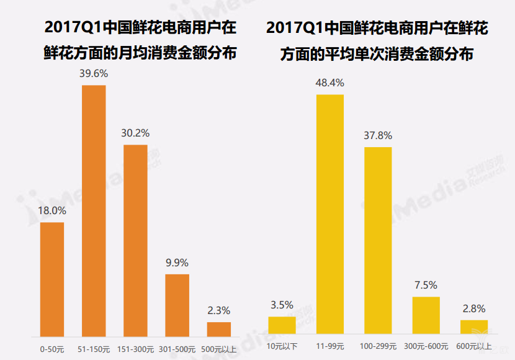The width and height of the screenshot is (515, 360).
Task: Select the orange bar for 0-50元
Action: [52, 279]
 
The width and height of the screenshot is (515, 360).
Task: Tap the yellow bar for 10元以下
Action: [282, 326]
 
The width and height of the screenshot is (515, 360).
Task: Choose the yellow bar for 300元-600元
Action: [426, 316]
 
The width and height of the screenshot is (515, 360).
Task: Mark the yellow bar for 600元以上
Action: [474, 327]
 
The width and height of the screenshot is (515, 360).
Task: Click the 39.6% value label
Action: [94, 73]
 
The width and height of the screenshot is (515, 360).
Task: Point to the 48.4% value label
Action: [330, 83]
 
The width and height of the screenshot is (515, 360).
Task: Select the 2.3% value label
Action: [218, 310]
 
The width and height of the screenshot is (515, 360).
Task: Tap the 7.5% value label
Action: [426, 285]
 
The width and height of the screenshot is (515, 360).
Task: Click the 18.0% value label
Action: [52, 210]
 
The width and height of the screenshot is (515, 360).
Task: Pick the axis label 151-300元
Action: [135, 349]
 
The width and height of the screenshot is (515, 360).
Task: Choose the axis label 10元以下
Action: [282, 346]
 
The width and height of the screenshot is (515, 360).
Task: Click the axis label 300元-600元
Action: [426, 346]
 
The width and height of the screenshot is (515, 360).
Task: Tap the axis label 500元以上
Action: [218, 349]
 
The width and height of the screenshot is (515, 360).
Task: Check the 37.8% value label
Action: [378, 135]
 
